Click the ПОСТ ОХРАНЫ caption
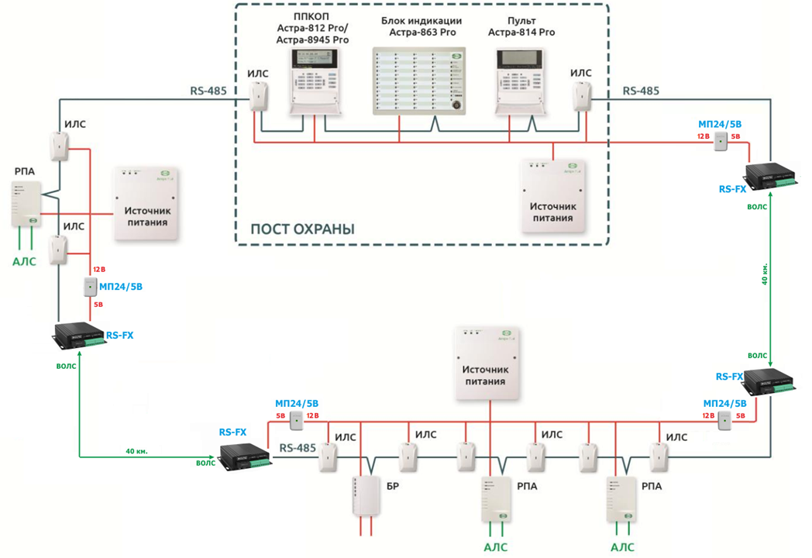click(x=302, y=229)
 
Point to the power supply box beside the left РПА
click(x=147, y=201)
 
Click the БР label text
click(x=393, y=487)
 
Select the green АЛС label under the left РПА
click(x=24, y=262)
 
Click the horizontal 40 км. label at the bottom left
click(x=136, y=450)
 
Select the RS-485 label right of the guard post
click(x=641, y=91)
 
